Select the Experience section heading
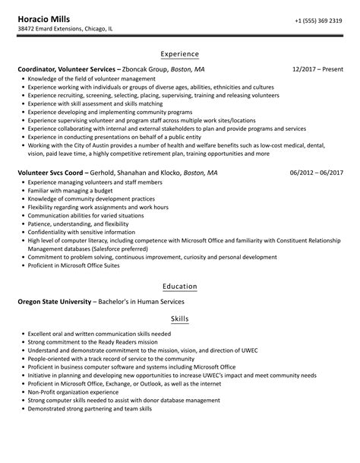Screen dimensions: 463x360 click(179, 54)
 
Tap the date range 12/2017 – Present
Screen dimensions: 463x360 click(317, 68)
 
